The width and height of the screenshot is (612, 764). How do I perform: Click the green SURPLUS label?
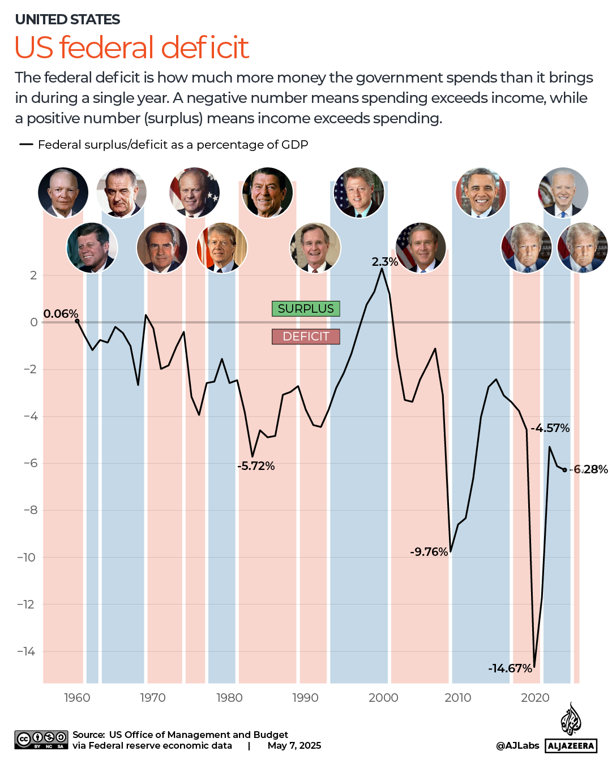(x=306, y=309)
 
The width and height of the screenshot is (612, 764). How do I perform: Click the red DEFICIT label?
(x=306, y=336)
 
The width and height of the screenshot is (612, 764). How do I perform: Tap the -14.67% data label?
(x=510, y=668)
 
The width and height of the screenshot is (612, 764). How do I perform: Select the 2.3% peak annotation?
(x=384, y=262)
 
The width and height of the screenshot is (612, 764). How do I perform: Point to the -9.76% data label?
(x=429, y=552)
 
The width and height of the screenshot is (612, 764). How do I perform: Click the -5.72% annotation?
(x=256, y=466)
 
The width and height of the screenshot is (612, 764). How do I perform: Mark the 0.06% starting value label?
(x=61, y=314)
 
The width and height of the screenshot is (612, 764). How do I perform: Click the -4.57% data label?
(x=550, y=428)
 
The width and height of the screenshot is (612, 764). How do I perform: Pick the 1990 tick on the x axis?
(x=305, y=698)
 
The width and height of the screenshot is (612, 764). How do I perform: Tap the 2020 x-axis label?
(x=534, y=698)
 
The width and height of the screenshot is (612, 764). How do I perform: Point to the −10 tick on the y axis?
(x=26, y=558)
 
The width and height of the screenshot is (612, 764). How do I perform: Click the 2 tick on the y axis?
(x=33, y=275)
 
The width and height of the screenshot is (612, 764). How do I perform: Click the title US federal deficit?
(x=131, y=48)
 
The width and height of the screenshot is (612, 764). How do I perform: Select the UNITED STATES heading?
(x=67, y=20)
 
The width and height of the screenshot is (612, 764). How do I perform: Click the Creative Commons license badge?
(x=41, y=740)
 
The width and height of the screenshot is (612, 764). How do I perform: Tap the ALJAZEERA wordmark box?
(x=571, y=746)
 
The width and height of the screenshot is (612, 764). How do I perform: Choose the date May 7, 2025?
(x=294, y=746)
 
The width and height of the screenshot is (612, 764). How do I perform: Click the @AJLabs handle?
(x=517, y=746)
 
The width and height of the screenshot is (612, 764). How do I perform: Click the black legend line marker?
(x=26, y=145)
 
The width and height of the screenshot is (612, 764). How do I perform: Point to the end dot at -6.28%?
(x=564, y=470)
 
